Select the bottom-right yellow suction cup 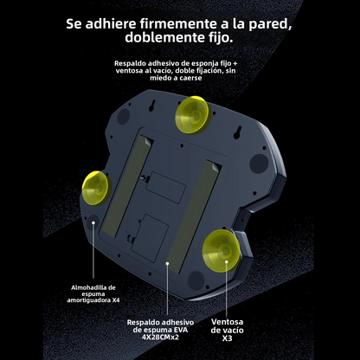pos(222,247)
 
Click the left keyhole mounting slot pos(151,106)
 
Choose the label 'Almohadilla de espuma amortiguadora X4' pos(94,293)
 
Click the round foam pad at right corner pos(257,162)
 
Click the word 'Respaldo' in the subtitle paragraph pos(132,64)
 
